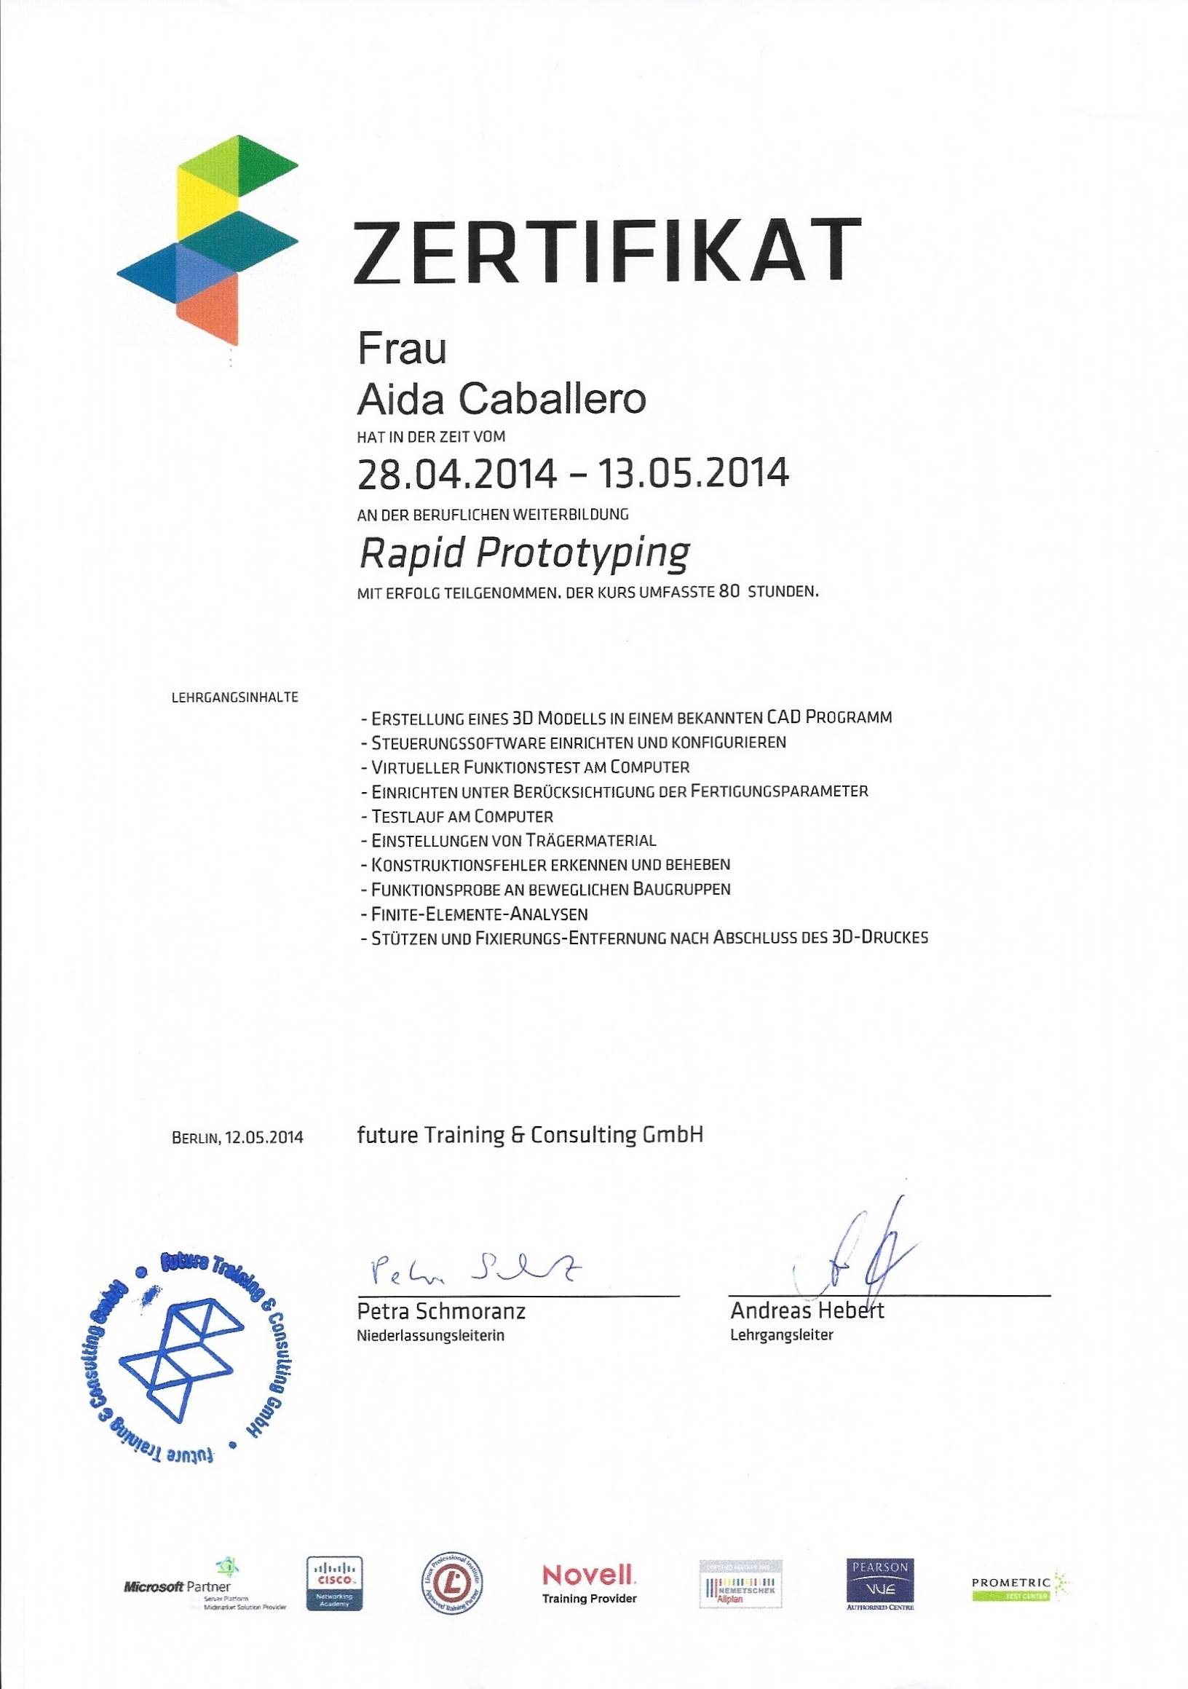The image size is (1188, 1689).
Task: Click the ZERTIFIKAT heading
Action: (607, 251)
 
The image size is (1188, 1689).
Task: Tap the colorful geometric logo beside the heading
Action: (208, 239)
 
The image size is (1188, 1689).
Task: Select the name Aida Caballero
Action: (501, 399)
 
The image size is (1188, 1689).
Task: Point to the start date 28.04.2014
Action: (456, 474)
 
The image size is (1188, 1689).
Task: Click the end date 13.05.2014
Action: (693, 474)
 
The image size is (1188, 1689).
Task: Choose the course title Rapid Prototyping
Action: (523, 553)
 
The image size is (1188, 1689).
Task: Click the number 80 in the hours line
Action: (729, 591)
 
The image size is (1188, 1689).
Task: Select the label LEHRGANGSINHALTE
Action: (234, 697)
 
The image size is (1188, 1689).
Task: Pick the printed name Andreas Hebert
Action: (807, 1311)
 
